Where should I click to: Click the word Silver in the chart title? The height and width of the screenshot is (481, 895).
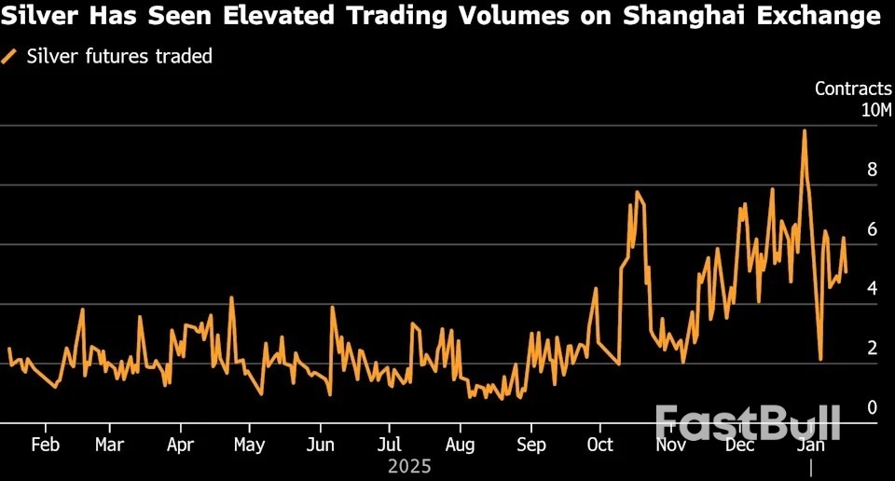pyautogui.click(x=38, y=16)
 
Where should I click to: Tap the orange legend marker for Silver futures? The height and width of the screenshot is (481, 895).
pyautogui.click(x=9, y=57)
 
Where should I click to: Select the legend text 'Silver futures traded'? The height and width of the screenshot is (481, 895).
pyautogui.click(x=119, y=57)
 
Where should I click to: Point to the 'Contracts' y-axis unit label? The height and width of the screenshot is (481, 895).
pyautogui.click(x=852, y=89)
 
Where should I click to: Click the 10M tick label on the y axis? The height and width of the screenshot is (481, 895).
pyautogui.click(x=875, y=110)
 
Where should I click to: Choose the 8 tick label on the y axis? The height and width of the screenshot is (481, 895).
pyautogui.click(x=872, y=170)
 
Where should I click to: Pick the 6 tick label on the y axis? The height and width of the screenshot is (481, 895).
pyautogui.click(x=872, y=229)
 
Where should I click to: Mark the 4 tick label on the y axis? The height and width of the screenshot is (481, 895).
pyautogui.click(x=872, y=289)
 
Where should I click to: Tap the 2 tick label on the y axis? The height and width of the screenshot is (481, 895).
pyautogui.click(x=872, y=349)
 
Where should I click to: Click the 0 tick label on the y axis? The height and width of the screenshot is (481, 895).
pyautogui.click(x=872, y=407)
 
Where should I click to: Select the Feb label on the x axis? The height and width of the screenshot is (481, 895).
pyautogui.click(x=45, y=445)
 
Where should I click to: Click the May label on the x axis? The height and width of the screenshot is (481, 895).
pyautogui.click(x=249, y=445)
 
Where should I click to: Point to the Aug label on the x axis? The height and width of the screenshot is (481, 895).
pyautogui.click(x=460, y=445)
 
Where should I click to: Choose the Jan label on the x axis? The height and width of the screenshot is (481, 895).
pyautogui.click(x=812, y=445)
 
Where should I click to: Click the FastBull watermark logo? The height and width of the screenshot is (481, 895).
pyautogui.click(x=747, y=422)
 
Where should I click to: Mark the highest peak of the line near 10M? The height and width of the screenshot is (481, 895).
pyautogui.click(x=804, y=131)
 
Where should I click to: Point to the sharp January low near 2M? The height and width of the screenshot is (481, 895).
pyautogui.click(x=820, y=359)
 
